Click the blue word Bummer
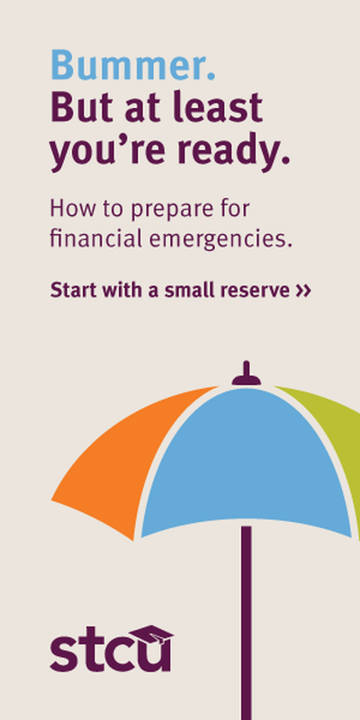point(132,65)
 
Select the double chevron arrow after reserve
point(303,291)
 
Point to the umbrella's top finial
point(247,373)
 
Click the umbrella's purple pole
point(247,623)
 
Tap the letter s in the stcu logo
point(63,653)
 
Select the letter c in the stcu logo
point(117,654)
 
